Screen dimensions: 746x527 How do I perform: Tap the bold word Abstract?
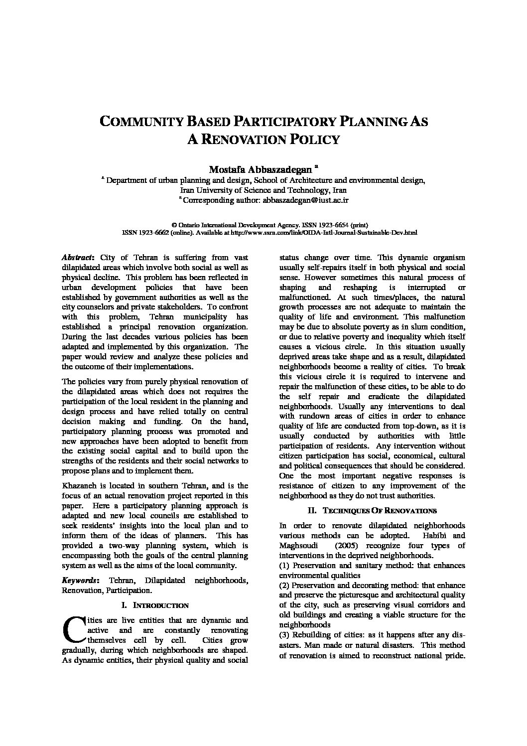pyautogui.click(x=77, y=258)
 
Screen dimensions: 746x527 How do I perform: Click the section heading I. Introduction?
pyautogui.click(x=155, y=605)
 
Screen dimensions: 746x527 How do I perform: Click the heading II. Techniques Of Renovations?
pyautogui.click(x=372, y=511)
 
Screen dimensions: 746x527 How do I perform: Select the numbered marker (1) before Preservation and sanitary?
pyautogui.click(x=284, y=566)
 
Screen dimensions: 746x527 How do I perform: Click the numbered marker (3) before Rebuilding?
pyautogui.click(x=284, y=635)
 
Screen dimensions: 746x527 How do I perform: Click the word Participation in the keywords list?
pyautogui.click(x=127, y=591)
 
